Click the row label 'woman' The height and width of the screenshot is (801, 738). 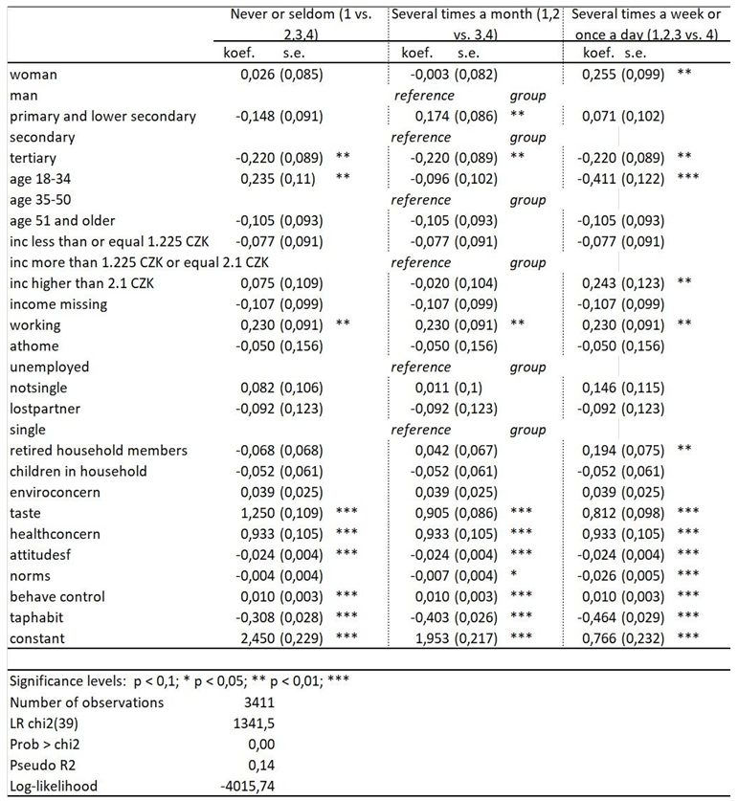[x=33, y=75]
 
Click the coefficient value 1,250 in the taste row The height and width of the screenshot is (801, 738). [x=256, y=513]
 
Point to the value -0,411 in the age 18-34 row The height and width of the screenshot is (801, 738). [x=613, y=179]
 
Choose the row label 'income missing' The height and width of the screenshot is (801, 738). [x=57, y=304]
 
